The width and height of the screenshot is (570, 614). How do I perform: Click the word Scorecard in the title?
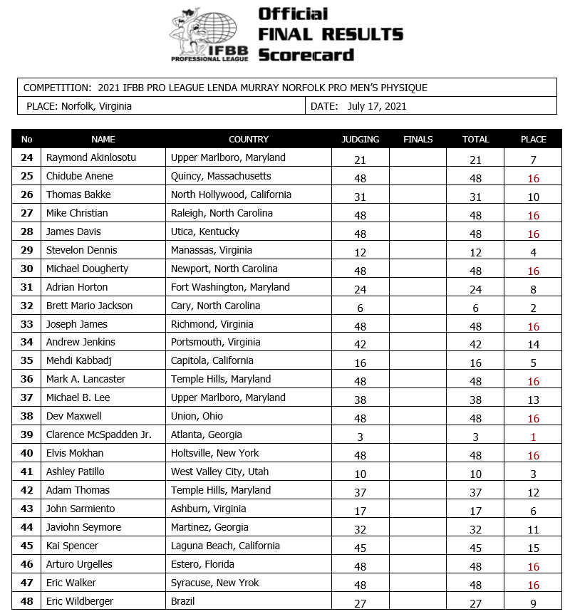(x=306, y=55)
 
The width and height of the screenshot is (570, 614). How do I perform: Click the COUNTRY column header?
(x=249, y=140)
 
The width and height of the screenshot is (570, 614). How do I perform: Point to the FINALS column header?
(x=418, y=140)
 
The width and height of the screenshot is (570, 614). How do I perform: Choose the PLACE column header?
(x=534, y=140)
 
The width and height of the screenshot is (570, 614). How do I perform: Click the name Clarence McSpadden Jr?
(x=98, y=435)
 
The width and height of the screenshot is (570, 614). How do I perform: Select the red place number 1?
(x=534, y=437)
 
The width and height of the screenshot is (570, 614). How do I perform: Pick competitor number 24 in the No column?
(x=27, y=158)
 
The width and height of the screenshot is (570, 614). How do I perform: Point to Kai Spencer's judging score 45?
(x=361, y=548)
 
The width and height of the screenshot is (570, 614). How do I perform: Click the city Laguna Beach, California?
(x=225, y=546)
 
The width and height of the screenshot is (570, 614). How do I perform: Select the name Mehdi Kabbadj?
(x=79, y=361)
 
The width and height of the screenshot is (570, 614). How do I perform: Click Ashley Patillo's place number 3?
(x=534, y=474)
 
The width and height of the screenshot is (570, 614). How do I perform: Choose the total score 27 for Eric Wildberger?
(x=475, y=604)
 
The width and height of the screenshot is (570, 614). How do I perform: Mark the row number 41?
(x=27, y=472)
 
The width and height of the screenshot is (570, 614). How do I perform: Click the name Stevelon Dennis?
(x=81, y=250)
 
